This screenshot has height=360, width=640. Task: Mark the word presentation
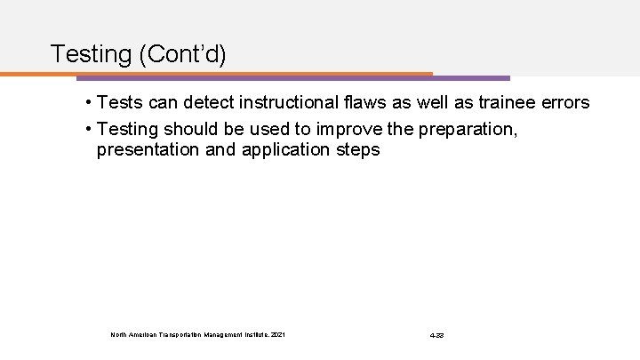148,150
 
